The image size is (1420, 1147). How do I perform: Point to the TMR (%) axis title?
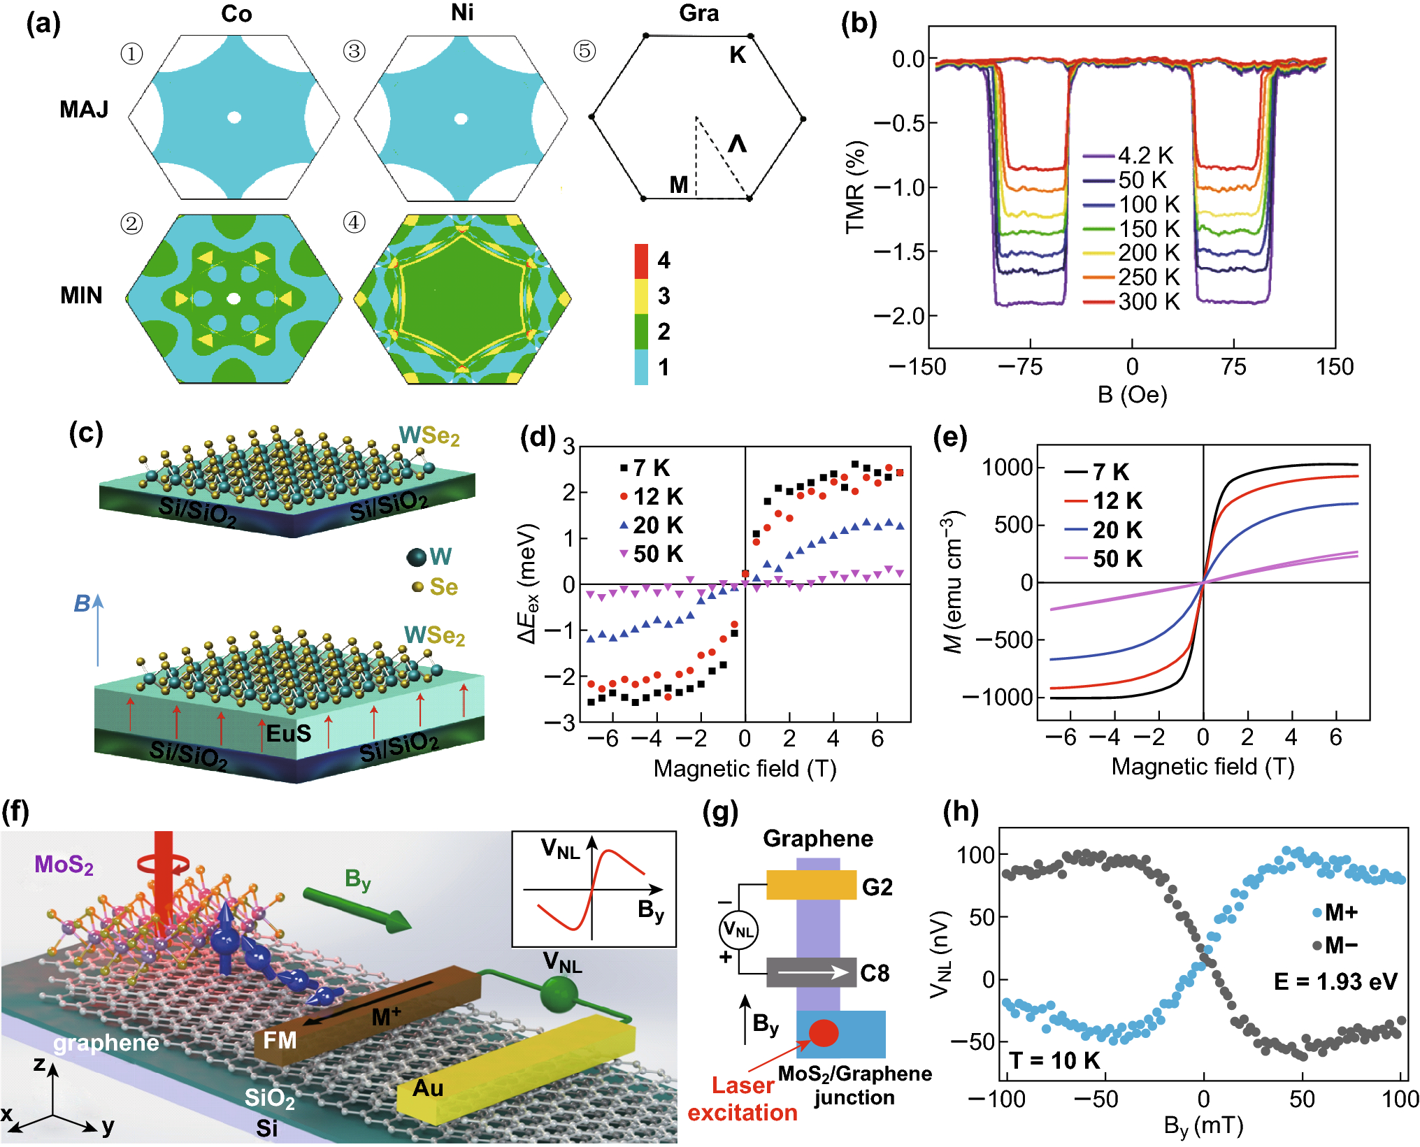point(856,187)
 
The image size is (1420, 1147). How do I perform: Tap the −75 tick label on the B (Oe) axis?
point(1021,367)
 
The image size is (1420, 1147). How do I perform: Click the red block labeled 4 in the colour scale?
point(641,261)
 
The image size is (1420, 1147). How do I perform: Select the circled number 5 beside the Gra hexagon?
point(585,51)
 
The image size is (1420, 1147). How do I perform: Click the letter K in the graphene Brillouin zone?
point(738,55)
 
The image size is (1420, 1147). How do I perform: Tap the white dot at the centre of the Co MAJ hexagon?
point(234,117)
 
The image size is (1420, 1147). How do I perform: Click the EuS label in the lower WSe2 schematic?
point(289,733)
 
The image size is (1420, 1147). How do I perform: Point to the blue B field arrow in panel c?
point(98,629)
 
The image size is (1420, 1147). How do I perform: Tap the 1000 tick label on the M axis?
point(1007,467)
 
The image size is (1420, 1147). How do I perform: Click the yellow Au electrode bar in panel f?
point(517,1069)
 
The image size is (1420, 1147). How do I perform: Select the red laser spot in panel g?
point(823,1032)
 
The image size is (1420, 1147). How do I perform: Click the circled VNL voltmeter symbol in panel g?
point(738,930)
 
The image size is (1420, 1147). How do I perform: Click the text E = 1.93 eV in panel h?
point(1335,981)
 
